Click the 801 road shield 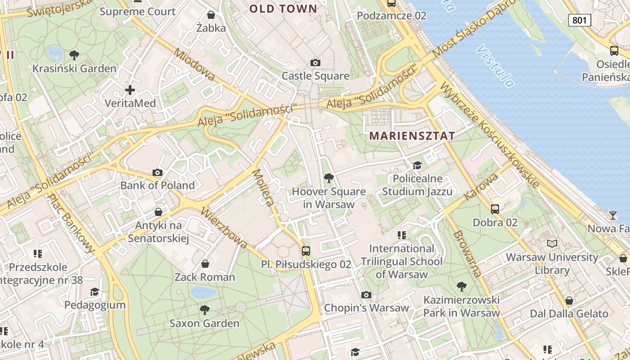coord(580,20)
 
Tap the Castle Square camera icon coord(315,63)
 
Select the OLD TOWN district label coord(283,9)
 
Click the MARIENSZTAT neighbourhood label coord(412,135)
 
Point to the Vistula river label coord(496,66)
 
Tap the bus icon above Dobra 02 coord(495,209)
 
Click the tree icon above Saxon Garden coord(205,310)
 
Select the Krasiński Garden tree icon coord(74,55)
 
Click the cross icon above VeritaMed coord(130,90)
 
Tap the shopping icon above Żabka coord(211,15)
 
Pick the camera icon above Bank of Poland coord(157,172)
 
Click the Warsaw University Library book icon coord(552,243)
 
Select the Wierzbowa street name coord(224,228)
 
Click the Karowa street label coord(481,186)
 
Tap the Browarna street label coord(468,253)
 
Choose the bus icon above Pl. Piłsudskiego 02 coord(306,251)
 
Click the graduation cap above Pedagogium coord(94,292)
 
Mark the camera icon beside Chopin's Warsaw coord(366,295)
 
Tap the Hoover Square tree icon coord(329,178)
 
